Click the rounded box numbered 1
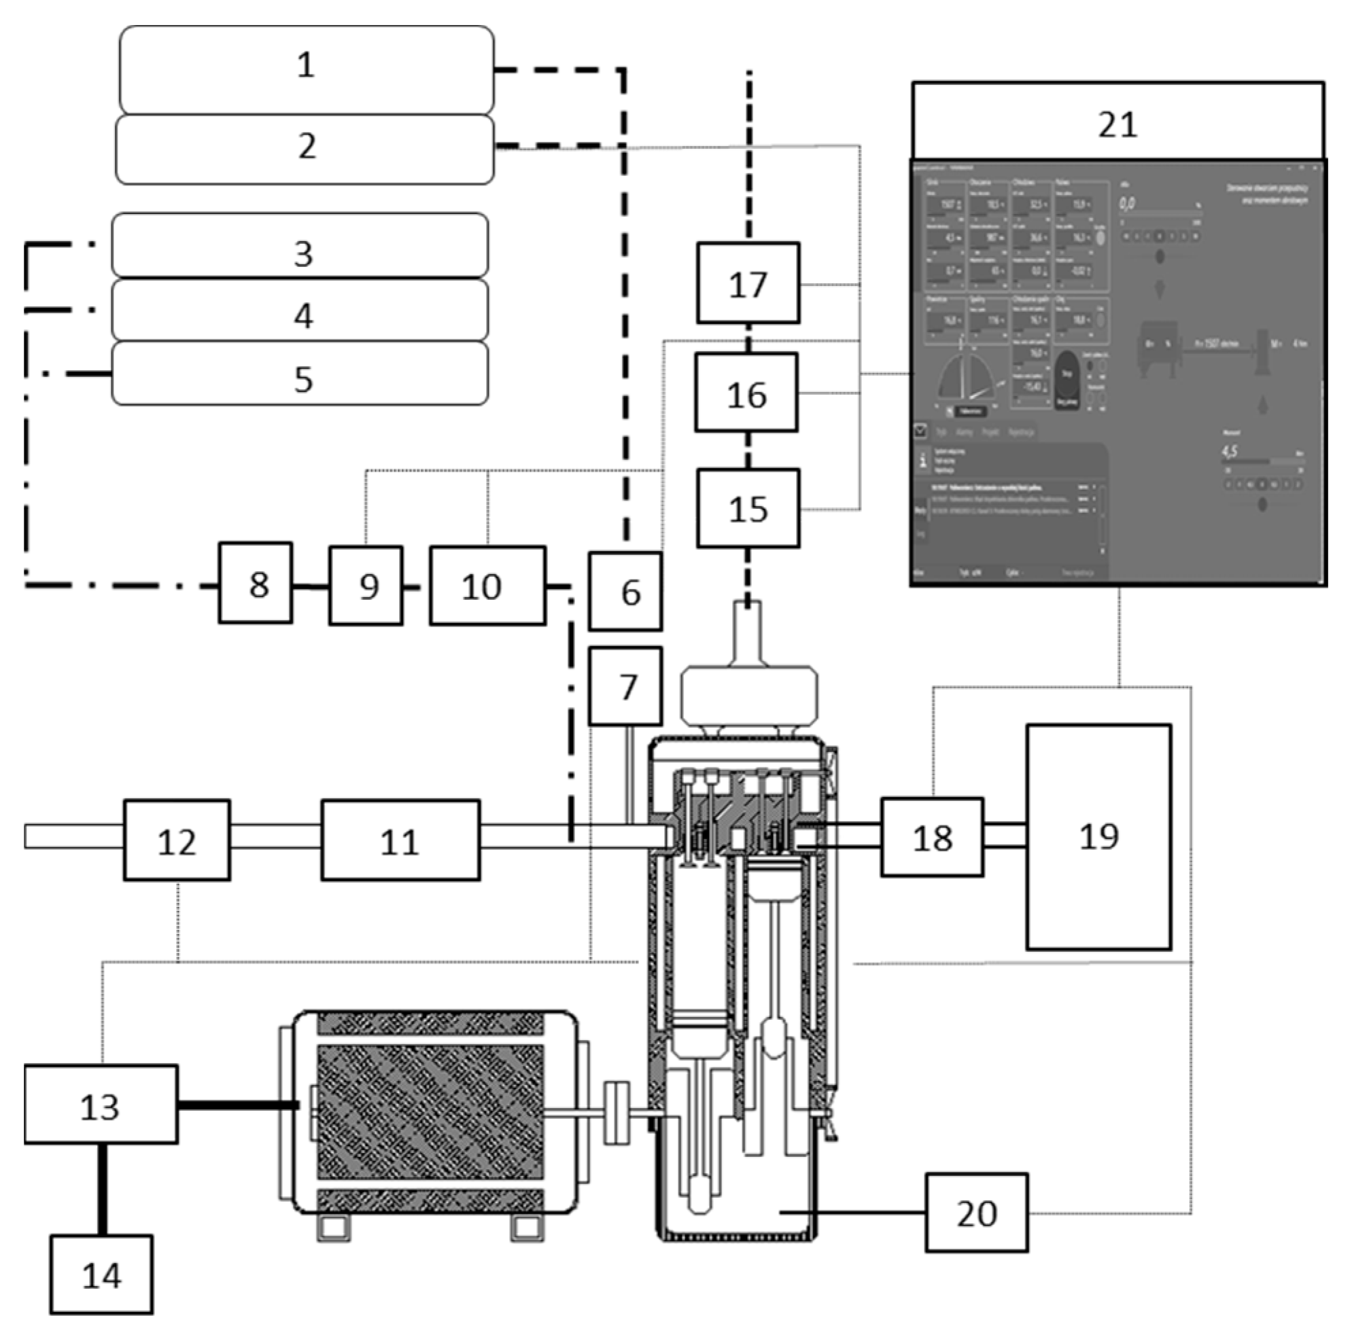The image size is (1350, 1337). click(306, 70)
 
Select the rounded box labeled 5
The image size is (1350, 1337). click(300, 374)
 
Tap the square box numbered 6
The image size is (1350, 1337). click(625, 592)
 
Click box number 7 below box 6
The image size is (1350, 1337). click(625, 687)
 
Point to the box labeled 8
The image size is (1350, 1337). click(256, 584)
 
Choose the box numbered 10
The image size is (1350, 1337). click(487, 586)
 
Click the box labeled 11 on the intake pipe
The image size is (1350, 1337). click(400, 840)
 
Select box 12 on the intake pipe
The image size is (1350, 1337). click(177, 840)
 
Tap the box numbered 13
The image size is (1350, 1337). click(101, 1105)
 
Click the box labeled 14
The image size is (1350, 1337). click(101, 1274)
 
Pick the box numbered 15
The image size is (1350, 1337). click(748, 508)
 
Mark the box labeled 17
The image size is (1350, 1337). click(748, 283)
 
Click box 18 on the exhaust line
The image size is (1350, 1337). click(932, 837)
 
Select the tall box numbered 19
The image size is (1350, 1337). click(1098, 837)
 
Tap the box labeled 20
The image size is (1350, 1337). click(976, 1213)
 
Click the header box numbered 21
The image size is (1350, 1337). click(1118, 121)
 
